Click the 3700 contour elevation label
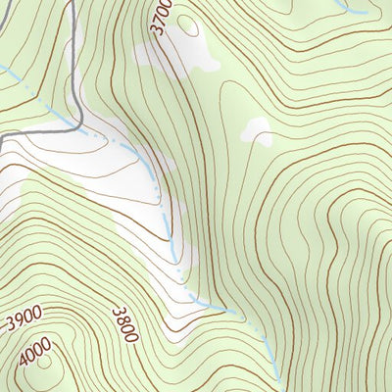(x=163, y=18)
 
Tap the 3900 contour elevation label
(x=23, y=321)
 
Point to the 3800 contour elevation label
(x=124, y=322)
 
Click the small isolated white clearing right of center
(x=258, y=129)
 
